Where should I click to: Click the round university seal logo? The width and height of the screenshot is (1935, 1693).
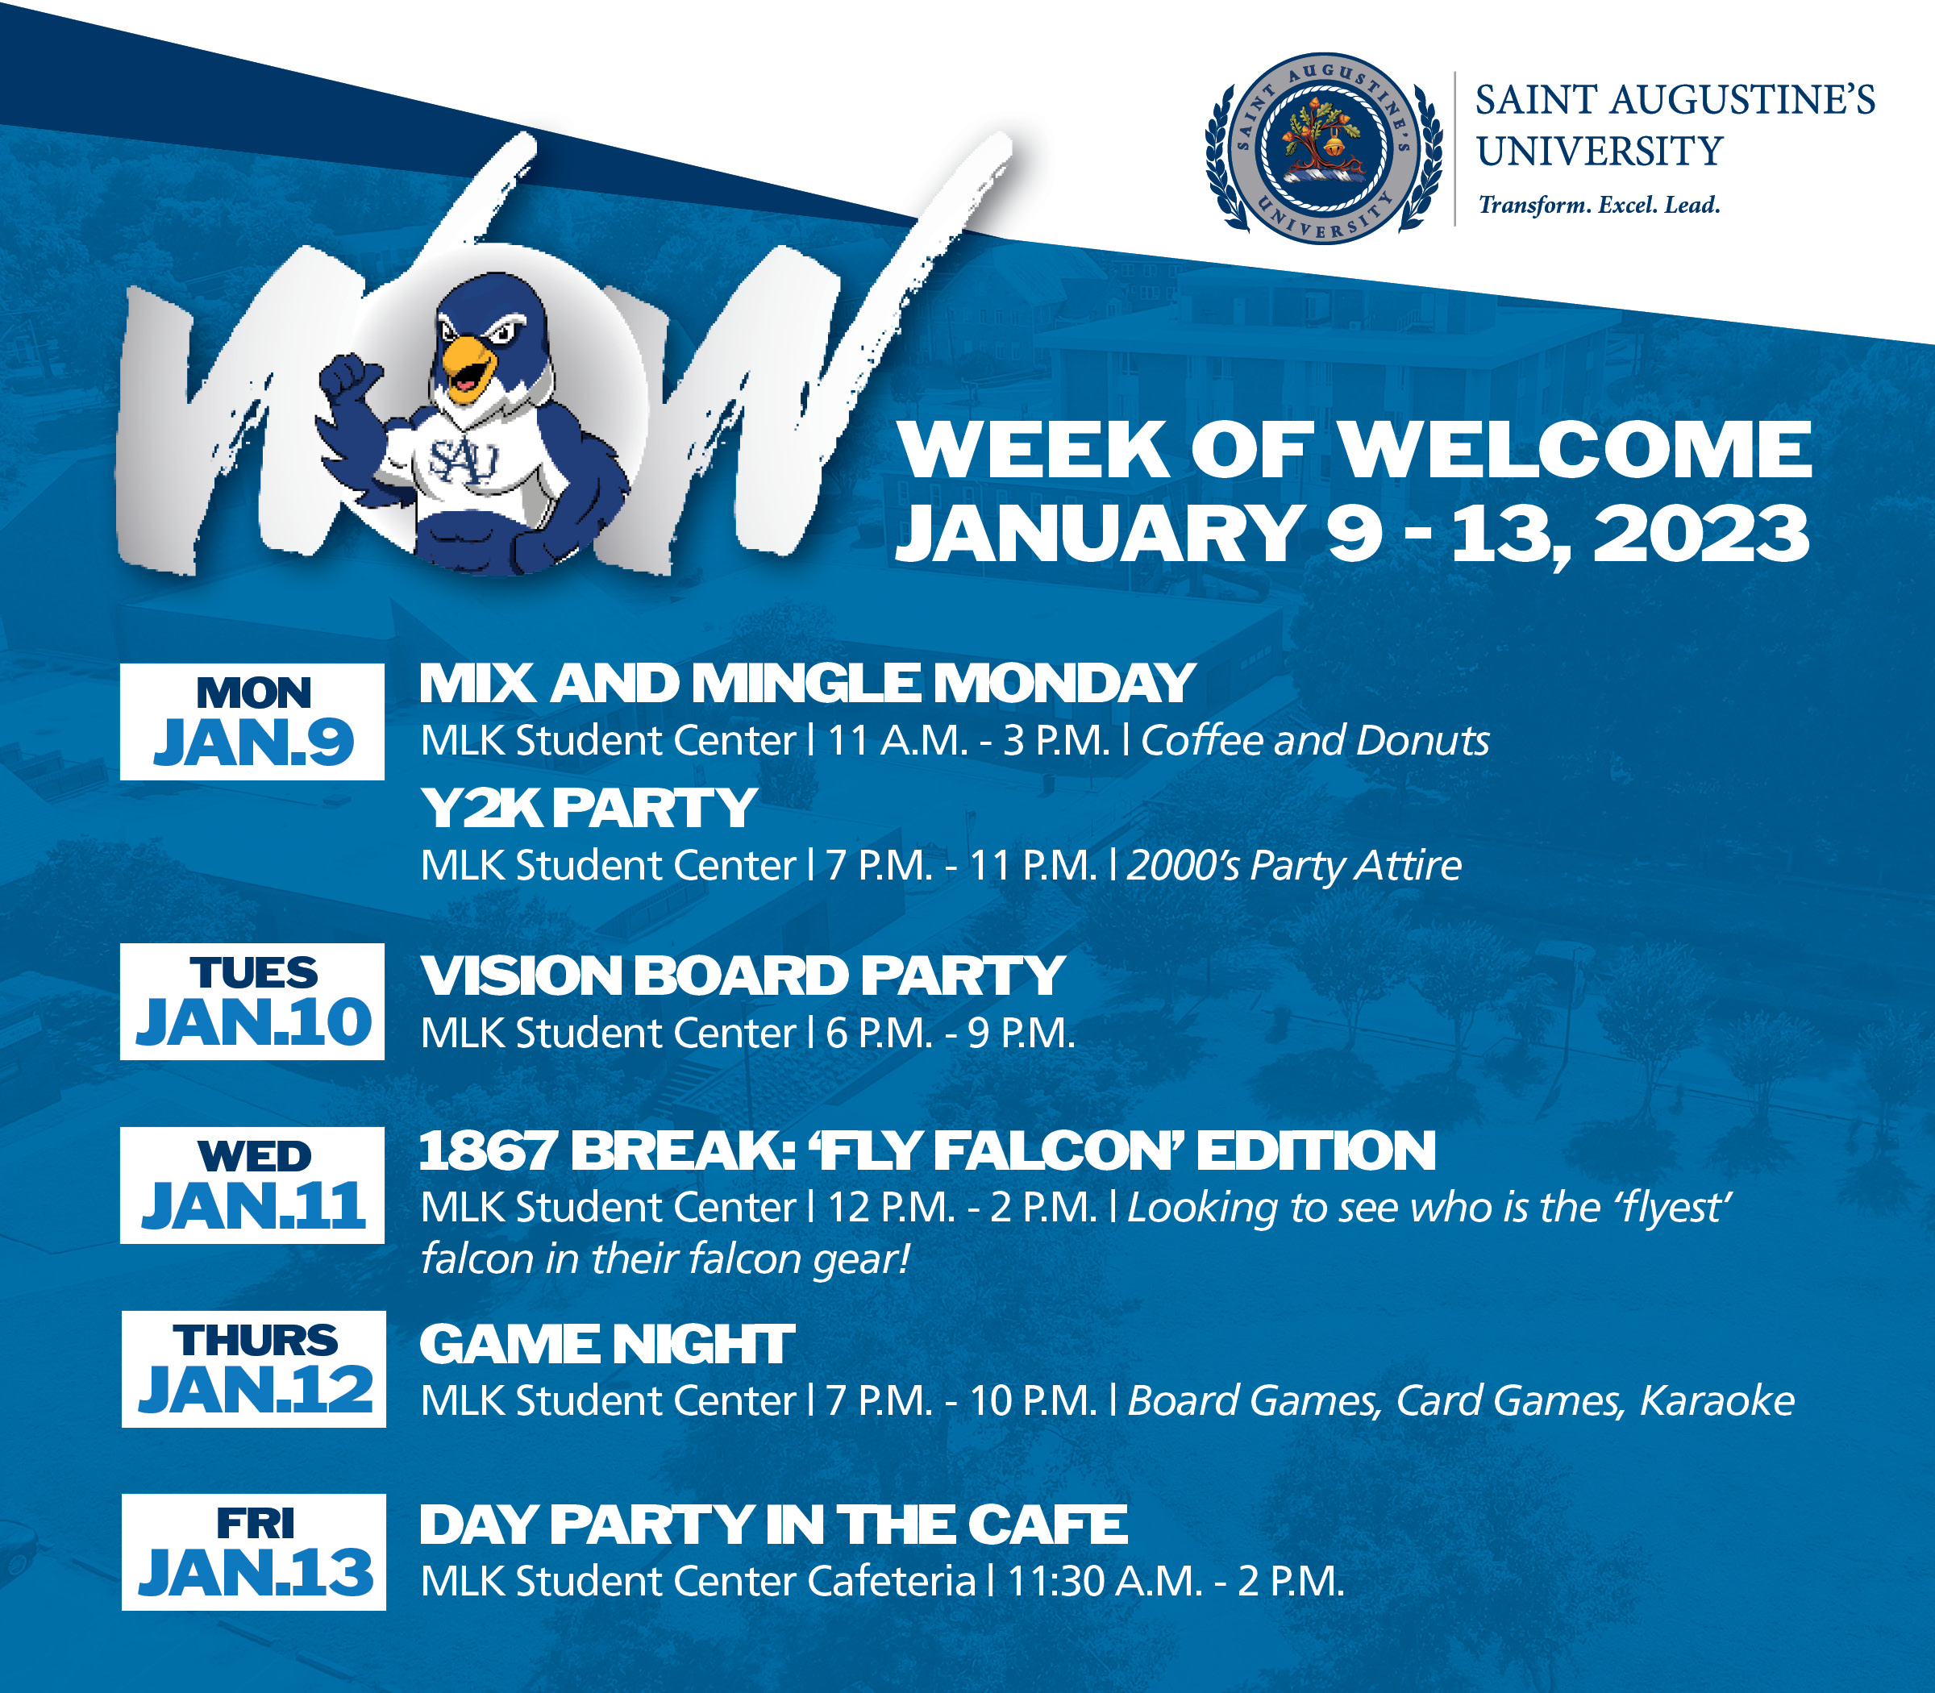1324,148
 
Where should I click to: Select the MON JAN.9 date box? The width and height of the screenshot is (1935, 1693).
252,722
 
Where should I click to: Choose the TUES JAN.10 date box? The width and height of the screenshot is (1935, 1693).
252,1001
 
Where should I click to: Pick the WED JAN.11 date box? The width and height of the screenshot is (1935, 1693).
252,1185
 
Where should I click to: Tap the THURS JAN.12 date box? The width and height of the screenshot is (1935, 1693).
253,1368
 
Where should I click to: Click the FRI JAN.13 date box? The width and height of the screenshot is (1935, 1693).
253,1551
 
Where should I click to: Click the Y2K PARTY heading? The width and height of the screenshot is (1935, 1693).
589,809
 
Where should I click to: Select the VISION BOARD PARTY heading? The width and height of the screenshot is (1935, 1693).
743,976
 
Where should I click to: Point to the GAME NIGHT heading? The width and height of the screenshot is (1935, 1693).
606,1345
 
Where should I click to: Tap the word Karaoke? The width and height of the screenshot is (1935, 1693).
1717,1401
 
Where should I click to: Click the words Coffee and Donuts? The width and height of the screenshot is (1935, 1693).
1315,741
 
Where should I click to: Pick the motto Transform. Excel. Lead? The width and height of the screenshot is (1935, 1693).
1599,205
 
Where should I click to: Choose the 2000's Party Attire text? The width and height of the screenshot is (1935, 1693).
1294,865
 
